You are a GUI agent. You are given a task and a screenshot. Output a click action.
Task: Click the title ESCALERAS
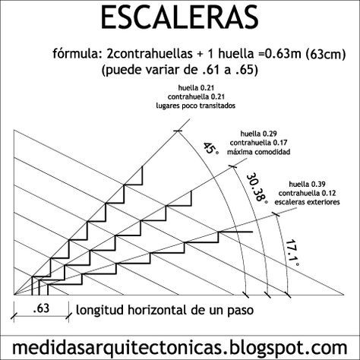click(180, 17)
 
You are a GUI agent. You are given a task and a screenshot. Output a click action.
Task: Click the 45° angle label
click(211, 148)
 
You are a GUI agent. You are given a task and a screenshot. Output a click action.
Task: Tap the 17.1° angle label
click(292, 252)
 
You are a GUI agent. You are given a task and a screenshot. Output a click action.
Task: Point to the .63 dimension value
click(41, 308)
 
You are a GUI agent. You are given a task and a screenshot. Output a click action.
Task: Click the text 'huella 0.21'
click(196, 88)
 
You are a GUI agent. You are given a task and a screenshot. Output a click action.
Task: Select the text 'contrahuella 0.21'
click(196, 96)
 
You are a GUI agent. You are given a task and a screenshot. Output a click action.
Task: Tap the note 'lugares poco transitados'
click(196, 106)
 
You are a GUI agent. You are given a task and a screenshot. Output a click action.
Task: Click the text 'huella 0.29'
click(258, 134)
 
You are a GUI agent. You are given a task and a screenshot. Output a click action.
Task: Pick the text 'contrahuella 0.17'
click(258, 143)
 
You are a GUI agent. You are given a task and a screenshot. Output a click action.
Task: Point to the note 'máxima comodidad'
click(258, 152)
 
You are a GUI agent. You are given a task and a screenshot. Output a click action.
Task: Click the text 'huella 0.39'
click(307, 184)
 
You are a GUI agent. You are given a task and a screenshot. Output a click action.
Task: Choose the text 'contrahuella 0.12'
click(307, 193)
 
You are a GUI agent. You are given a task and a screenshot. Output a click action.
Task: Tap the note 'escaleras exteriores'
click(307, 202)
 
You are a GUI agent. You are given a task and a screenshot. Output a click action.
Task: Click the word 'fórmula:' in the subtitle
click(75, 54)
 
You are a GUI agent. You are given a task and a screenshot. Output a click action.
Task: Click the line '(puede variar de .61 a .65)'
click(180, 70)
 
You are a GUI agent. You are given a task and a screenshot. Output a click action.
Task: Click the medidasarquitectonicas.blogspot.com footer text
click(180, 348)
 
